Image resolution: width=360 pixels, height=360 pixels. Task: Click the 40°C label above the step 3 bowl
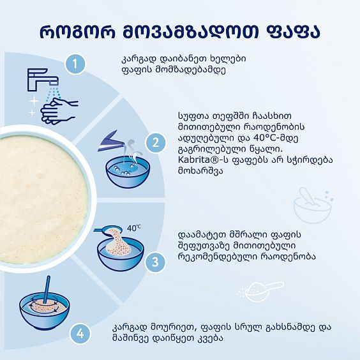(x=133, y=228)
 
